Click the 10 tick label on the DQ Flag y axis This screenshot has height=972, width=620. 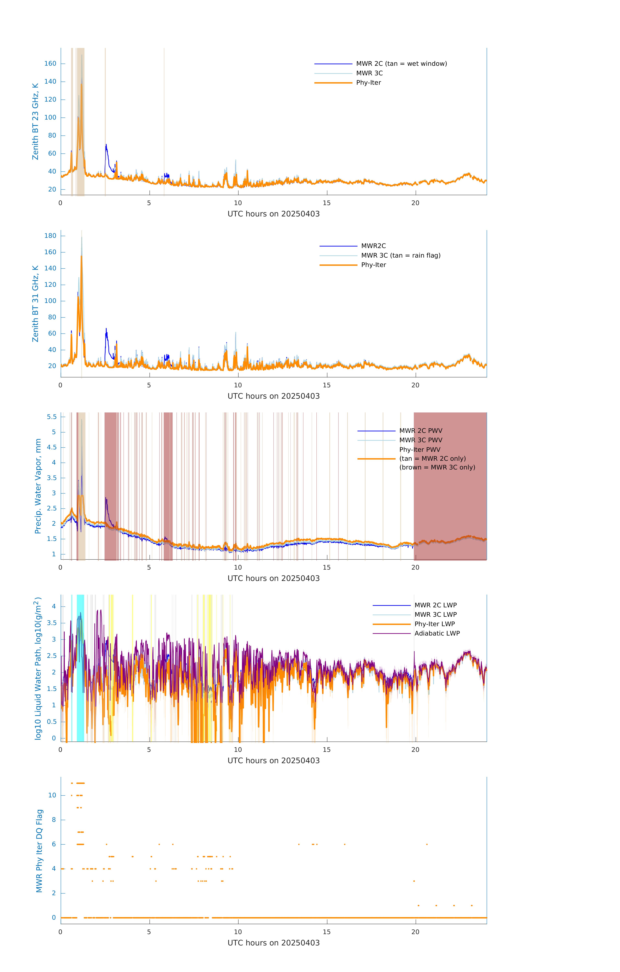52,795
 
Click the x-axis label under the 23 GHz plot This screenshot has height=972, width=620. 273,214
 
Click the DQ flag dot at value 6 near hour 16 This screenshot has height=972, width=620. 345,844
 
